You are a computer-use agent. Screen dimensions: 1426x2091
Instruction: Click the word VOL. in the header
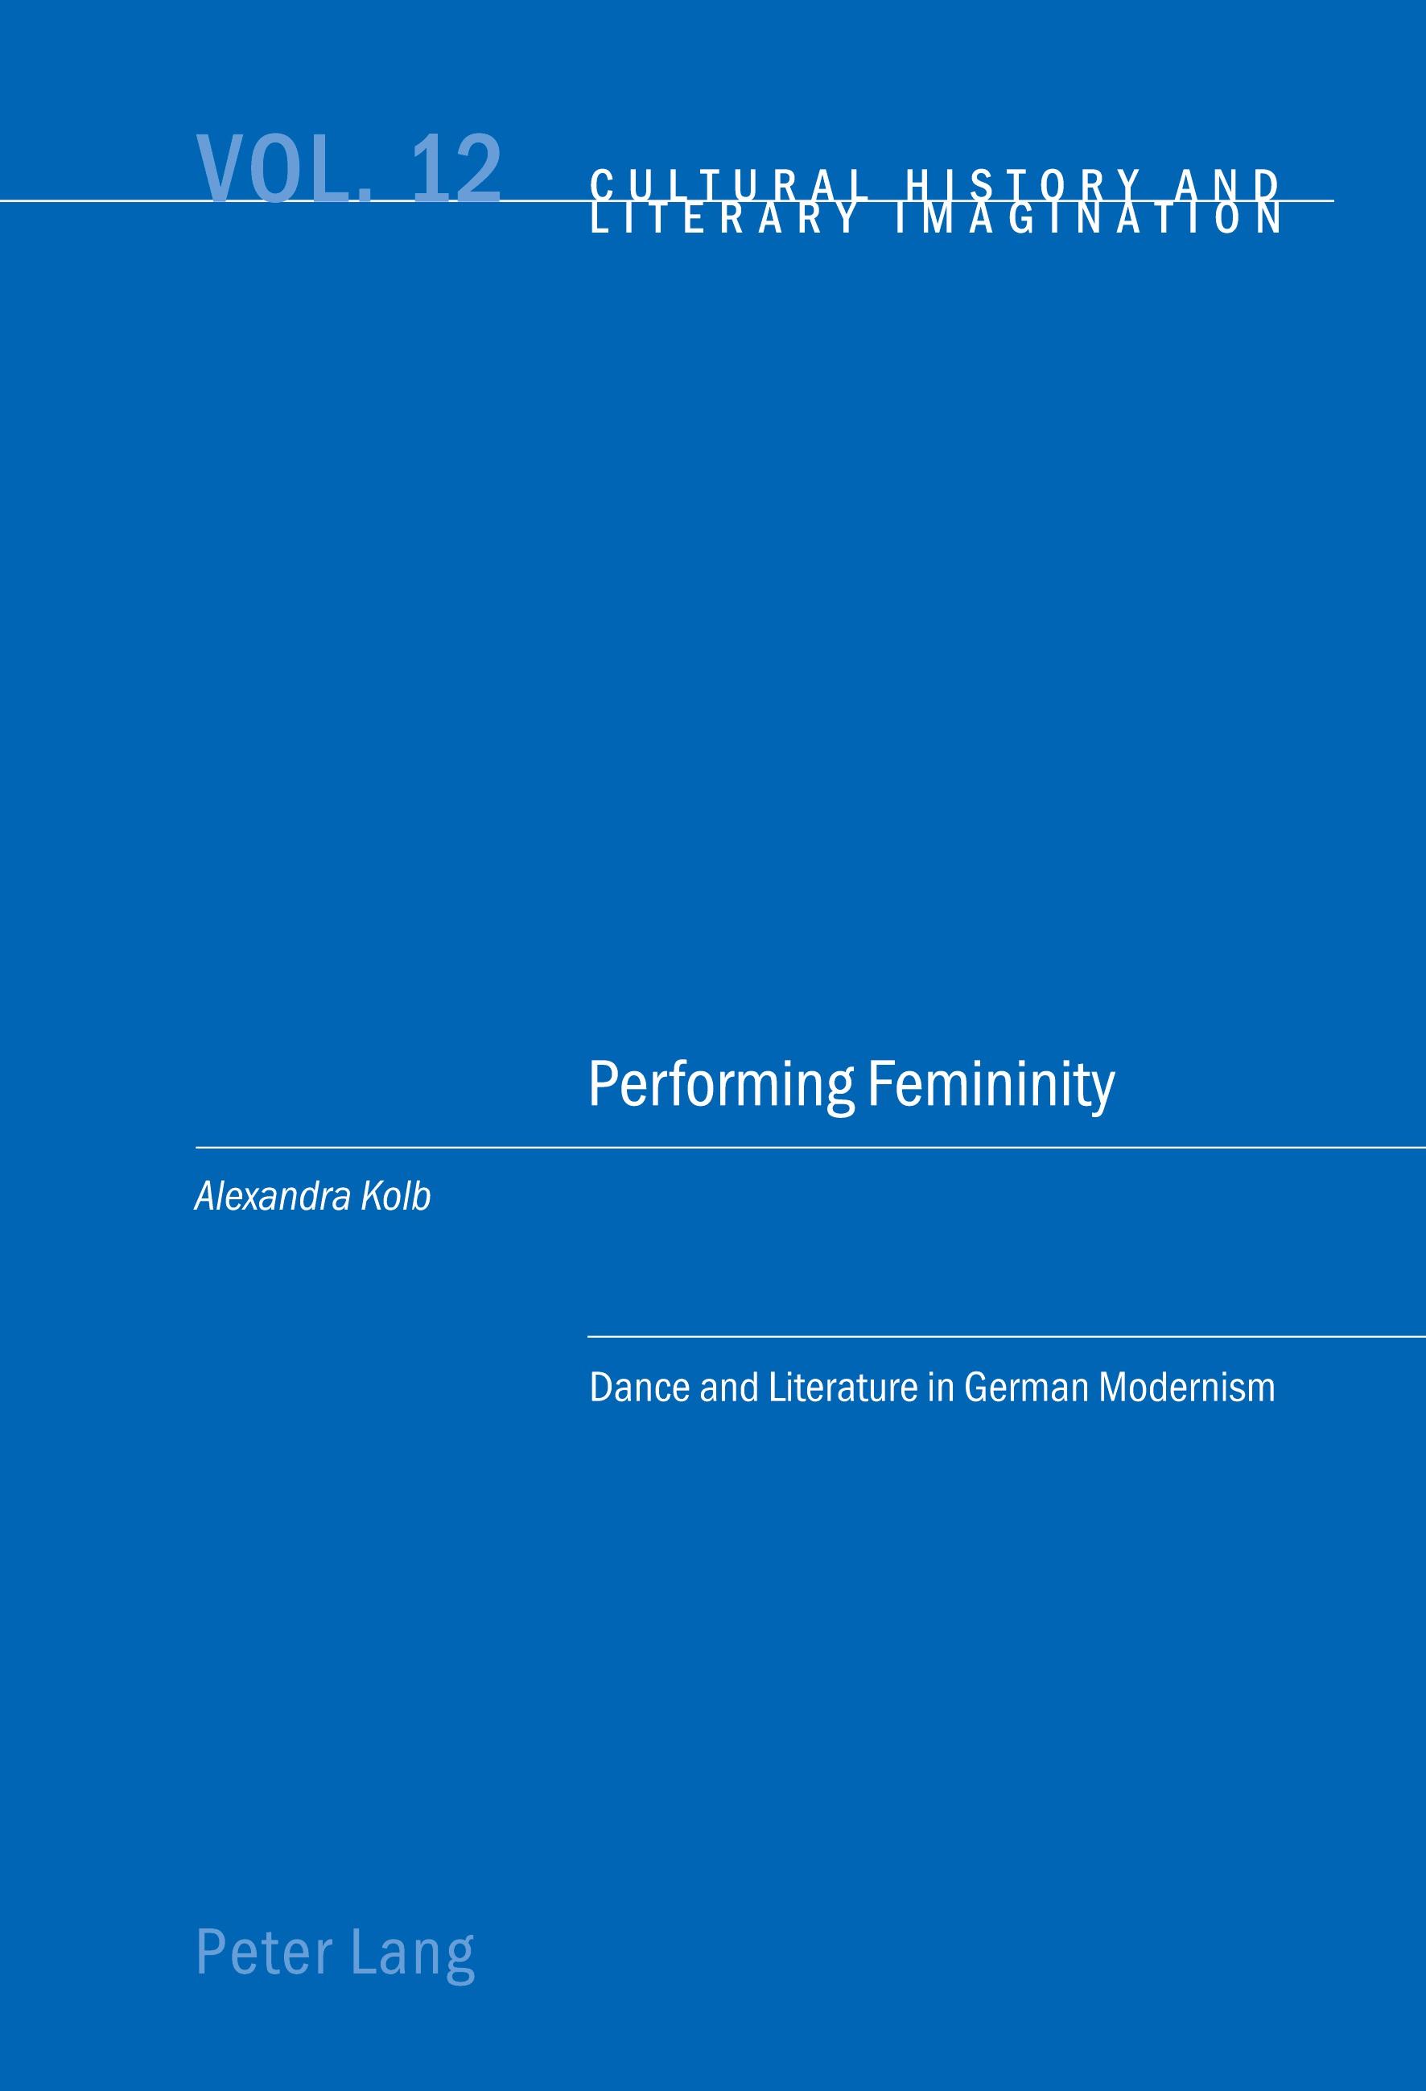(x=283, y=167)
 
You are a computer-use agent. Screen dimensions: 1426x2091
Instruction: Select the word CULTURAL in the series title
(x=730, y=184)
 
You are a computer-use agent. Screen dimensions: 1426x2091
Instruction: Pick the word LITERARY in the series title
(x=723, y=219)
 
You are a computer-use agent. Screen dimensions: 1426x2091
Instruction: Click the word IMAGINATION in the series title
(x=1090, y=219)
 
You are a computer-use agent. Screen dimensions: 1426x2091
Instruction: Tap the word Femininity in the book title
(x=991, y=1086)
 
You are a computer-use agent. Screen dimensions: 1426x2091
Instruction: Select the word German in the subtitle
(x=1025, y=1387)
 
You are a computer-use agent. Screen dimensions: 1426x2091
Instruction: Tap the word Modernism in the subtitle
(x=1187, y=1387)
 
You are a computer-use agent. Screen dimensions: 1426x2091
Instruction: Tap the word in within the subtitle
(x=941, y=1387)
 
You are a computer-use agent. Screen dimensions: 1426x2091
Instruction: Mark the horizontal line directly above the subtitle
(x=1007, y=1337)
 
